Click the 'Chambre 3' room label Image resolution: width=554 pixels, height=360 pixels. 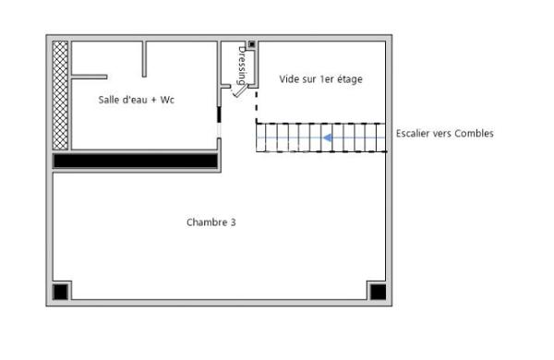tap(211, 222)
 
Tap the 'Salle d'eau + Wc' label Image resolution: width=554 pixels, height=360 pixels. tap(137, 100)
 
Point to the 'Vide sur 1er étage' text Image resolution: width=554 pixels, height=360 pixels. tap(320, 79)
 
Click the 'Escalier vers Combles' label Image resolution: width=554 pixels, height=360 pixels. tap(444, 134)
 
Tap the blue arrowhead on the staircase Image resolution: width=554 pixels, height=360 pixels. tap(327, 138)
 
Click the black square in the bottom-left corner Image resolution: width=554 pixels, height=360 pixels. tap(61, 292)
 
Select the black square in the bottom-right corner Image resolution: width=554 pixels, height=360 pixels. tap(377, 292)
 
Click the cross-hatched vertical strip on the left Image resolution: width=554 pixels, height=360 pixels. tap(61, 94)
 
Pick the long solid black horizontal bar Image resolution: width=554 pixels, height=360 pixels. tap(135, 161)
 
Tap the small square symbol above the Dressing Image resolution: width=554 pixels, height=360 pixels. tap(251, 44)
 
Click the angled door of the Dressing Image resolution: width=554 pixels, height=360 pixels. tap(239, 90)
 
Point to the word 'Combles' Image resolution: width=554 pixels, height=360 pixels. tap(476, 134)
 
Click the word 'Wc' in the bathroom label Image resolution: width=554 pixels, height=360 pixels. tap(167, 100)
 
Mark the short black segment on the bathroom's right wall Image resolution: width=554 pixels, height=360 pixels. tap(219, 116)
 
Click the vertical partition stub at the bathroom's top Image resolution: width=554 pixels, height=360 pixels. tap(144, 59)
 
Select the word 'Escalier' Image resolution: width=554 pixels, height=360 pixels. tap(414, 134)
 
